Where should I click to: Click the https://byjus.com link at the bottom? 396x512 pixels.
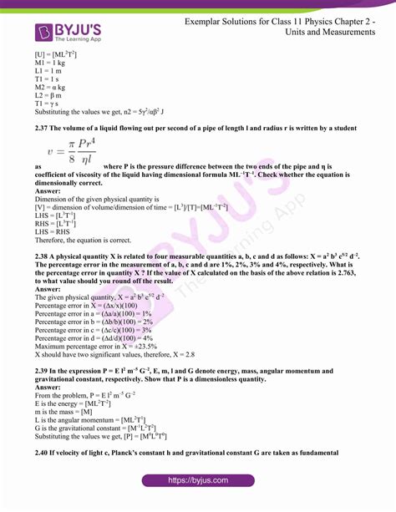198,480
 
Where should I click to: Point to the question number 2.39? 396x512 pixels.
44,371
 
